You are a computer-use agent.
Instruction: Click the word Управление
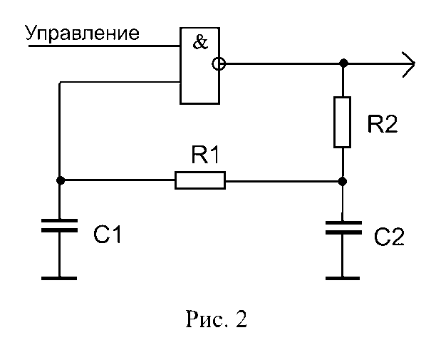point(83,34)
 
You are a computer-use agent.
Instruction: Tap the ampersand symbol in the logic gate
point(200,42)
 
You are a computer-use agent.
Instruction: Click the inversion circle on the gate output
point(219,64)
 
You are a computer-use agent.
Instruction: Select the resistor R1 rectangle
point(200,180)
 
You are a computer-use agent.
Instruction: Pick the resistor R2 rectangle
point(343,122)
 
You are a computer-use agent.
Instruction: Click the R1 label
point(205,155)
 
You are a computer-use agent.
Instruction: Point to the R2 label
point(383,124)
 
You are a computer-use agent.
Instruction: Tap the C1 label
point(108,235)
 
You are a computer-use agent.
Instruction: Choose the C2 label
point(389,237)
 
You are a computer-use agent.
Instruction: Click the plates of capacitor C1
point(60,226)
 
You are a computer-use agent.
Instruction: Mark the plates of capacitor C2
point(343,228)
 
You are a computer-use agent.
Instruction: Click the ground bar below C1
point(59,278)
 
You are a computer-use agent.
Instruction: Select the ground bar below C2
point(343,278)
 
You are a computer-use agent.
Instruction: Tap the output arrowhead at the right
point(409,64)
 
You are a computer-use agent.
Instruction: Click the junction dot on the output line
point(343,63)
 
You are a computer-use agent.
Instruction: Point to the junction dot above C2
point(343,181)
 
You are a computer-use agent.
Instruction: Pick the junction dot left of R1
point(61,180)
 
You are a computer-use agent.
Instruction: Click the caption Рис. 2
point(217,319)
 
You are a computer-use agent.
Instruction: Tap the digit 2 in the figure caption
point(241,319)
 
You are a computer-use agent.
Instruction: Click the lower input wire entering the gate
point(120,82)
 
